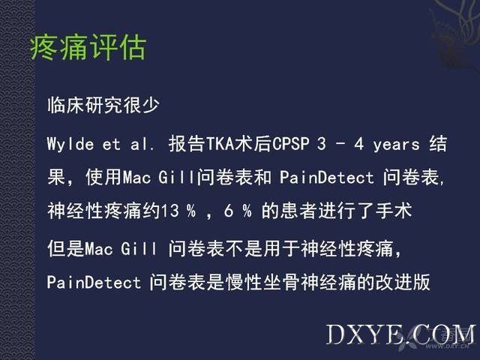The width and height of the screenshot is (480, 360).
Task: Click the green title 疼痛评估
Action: (x=88, y=47)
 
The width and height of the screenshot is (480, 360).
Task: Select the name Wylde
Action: (x=70, y=144)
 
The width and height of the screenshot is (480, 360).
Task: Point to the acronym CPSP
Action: (x=291, y=144)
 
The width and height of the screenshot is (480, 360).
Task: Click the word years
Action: (x=396, y=145)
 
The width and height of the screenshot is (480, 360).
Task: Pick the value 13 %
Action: (x=178, y=211)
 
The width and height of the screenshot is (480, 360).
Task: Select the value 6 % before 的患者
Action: (x=238, y=211)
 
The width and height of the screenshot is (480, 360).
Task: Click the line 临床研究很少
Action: (x=103, y=105)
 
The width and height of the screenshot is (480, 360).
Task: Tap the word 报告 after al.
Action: (x=187, y=144)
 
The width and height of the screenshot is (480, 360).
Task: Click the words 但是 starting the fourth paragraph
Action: (x=66, y=248)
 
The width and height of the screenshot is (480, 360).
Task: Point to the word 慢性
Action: (x=244, y=282)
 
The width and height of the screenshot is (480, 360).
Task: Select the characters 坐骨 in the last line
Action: (x=281, y=282)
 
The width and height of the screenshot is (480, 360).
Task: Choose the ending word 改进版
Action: (x=403, y=282)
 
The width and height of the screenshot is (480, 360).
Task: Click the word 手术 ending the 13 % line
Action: (x=394, y=211)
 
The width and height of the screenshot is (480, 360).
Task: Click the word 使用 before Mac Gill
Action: (x=104, y=177)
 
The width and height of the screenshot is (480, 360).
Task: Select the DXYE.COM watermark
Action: (x=400, y=334)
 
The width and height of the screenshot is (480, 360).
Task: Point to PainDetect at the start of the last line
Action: (x=94, y=282)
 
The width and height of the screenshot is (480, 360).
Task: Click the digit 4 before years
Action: (x=359, y=144)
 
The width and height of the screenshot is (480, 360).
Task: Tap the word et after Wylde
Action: (x=112, y=145)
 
